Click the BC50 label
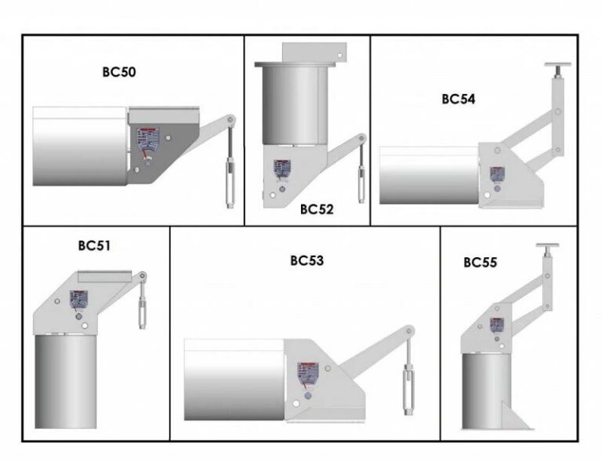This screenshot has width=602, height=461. coord(119,72)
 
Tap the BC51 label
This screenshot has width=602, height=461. coord(94,245)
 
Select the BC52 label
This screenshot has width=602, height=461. coord(317,209)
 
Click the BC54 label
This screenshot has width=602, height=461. coord(459,99)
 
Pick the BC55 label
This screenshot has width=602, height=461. coord(480,263)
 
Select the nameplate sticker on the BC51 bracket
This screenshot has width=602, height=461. coord(78,299)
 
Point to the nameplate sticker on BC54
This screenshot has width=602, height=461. coord(497,174)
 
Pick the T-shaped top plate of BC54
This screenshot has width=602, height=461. coord(557,65)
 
